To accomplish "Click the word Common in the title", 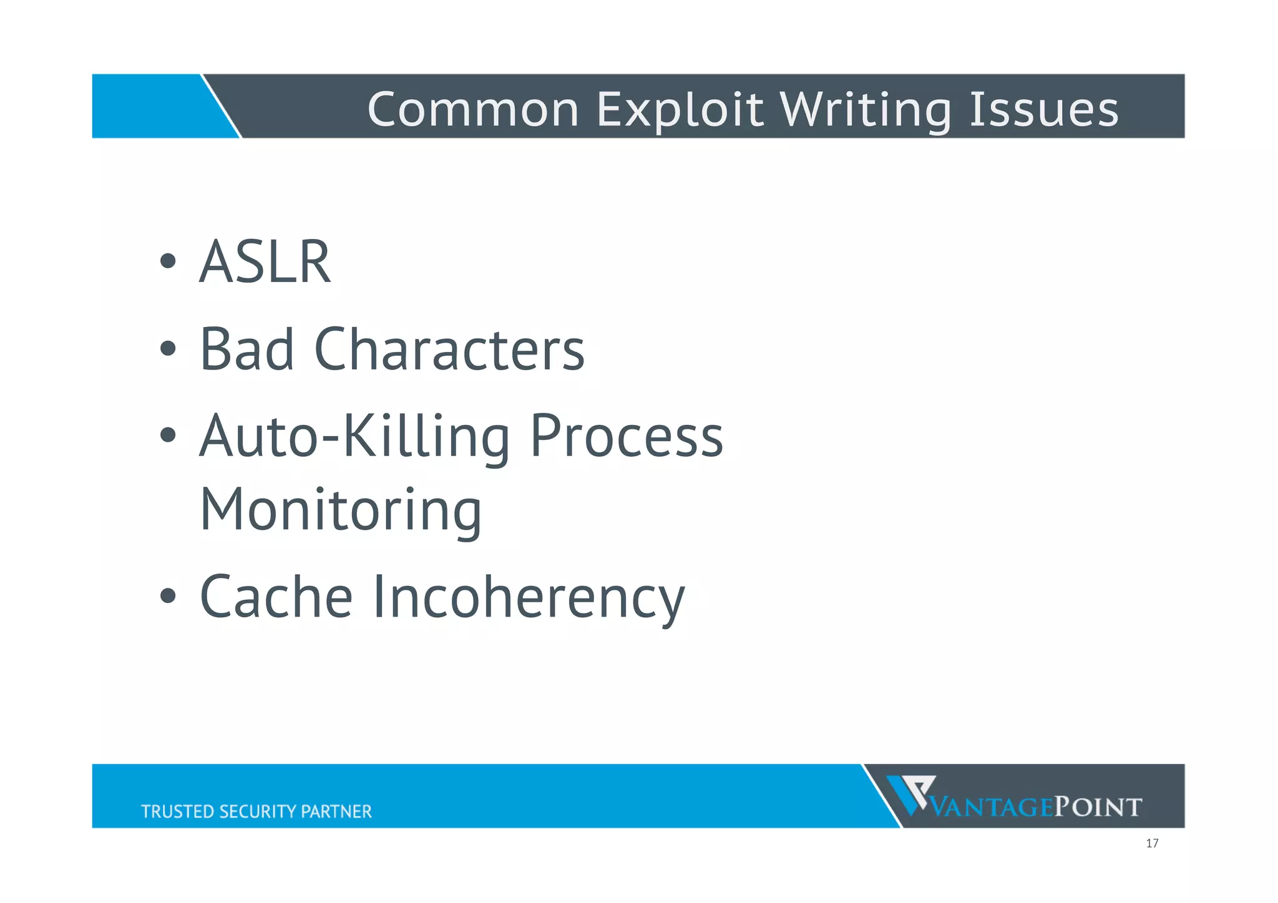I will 474,109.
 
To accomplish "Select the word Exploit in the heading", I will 680,109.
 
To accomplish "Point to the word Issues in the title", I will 1044,109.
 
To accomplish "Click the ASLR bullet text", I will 265,262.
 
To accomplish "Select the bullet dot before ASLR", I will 167,261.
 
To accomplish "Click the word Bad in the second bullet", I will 246,349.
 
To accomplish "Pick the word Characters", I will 449,349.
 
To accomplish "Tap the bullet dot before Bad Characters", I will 167,348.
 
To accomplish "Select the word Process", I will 627,437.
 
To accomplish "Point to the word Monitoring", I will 341,510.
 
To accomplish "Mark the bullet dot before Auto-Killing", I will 167,435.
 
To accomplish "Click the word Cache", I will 276,597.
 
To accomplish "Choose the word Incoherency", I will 529,597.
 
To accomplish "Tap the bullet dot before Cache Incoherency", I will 167,596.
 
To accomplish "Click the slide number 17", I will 1152,844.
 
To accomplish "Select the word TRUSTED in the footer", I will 178,811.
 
